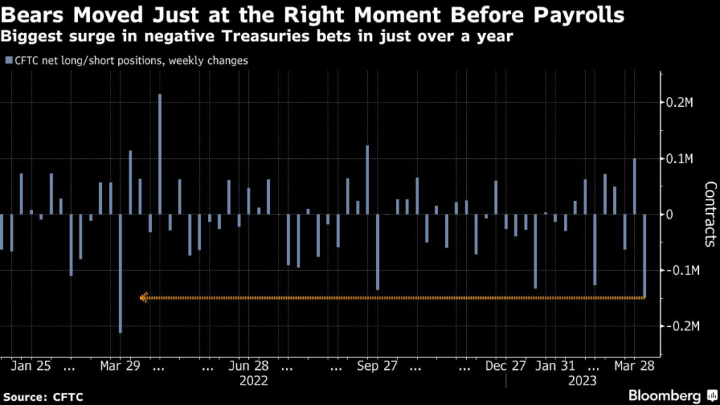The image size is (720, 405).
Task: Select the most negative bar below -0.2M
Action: (x=120, y=274)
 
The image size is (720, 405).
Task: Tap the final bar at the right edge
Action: (x=645, y=256)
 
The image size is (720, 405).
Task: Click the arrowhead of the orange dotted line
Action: (x=143, y=298)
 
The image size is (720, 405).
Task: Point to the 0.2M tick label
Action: (x=681, y=103)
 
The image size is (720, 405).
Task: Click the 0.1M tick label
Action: (x=681, y=159)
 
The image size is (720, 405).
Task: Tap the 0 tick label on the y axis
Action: (x=671, y=214)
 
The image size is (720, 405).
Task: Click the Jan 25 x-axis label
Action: (x=32, y=366)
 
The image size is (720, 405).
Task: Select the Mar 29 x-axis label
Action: (x=120, y=366)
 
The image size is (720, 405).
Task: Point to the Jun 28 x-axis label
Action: (x=250, y=366)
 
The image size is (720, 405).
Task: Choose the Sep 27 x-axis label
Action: (x=378, y=366)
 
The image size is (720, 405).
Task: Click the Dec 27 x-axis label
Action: (x=506, y=366)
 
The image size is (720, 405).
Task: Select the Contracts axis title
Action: (x=710, y=214)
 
